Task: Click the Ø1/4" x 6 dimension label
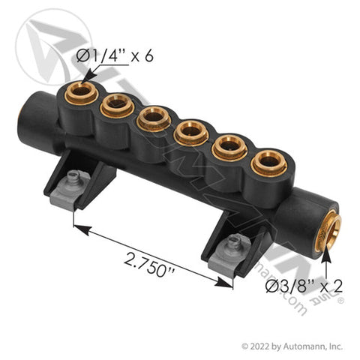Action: tap(115, 55)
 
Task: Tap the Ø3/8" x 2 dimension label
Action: tap(304, 286)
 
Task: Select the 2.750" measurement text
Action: tap(149, 265)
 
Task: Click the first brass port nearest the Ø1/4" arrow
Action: tap(81, 93)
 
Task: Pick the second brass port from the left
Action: tap(117, 106)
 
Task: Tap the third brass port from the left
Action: tap(154, 118)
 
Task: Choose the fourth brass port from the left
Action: tap(191, 133)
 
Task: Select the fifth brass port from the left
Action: tap(229, 148)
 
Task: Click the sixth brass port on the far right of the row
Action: tap(269, 163)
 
